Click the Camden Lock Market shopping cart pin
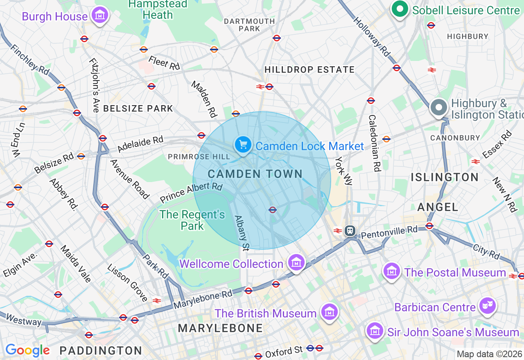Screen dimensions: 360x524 [x=243, y=145]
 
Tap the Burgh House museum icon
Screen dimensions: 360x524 [x=99, y=15]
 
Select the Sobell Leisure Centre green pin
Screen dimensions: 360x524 [x=400, y=9]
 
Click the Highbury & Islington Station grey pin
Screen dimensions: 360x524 [x=439, y=108]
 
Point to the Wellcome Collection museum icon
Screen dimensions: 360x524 [x=296, y=263]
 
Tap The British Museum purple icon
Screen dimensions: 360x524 [x=330, y=312]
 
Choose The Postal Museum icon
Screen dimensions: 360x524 [x=392, y=271]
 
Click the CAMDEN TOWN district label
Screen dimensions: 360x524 [x=255, y=174]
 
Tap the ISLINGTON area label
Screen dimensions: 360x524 [x=445, y=177]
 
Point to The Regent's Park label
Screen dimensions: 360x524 [x=192, y=220]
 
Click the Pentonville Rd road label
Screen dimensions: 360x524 [x=389, y=232]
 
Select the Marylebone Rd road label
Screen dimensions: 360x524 [x=203, y=299]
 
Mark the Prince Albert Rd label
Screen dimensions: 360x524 [x=191, y=193]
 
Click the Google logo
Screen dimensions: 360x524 [x=27, y=350]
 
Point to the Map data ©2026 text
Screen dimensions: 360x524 [x=489, y=354]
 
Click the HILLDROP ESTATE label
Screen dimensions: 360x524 [x=309, y=70]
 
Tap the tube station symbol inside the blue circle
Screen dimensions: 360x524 [x=273, y=209]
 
